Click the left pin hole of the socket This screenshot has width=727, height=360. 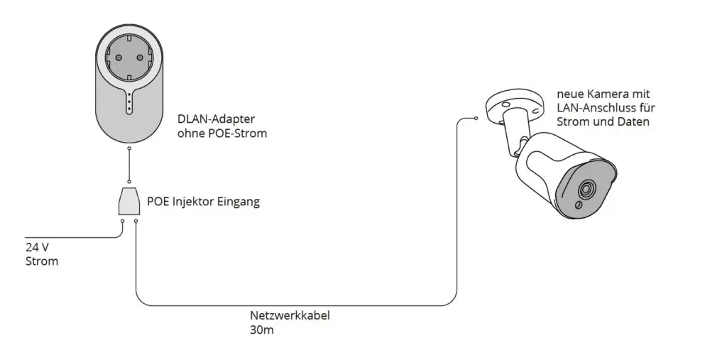pos(119,58)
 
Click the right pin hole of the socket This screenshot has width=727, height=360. pos(140,58)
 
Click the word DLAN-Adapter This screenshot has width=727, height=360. pos(216,119)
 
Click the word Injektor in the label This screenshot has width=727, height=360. pos(194,202)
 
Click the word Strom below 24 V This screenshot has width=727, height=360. pos(42,261)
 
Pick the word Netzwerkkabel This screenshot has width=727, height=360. pos(290,316)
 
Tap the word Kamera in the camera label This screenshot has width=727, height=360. pos(603,94)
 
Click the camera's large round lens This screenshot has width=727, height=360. pos(586,190)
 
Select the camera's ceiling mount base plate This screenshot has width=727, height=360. pos(515,105)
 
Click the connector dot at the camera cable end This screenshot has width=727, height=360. pos(476,119)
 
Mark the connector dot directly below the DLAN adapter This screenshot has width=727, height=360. pos(129,149)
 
